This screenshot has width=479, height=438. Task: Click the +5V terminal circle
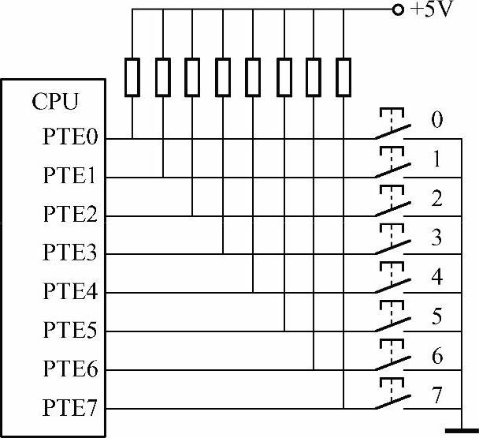point(397,10)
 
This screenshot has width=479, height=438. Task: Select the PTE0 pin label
point(69,139)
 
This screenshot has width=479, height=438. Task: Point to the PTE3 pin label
point(69,254)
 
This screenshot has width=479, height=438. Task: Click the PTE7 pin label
point(69,408)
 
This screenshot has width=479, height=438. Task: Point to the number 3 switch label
point(436,237)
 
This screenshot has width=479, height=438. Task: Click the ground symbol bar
point(462,431)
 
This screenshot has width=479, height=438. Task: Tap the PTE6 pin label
point(69,369)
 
